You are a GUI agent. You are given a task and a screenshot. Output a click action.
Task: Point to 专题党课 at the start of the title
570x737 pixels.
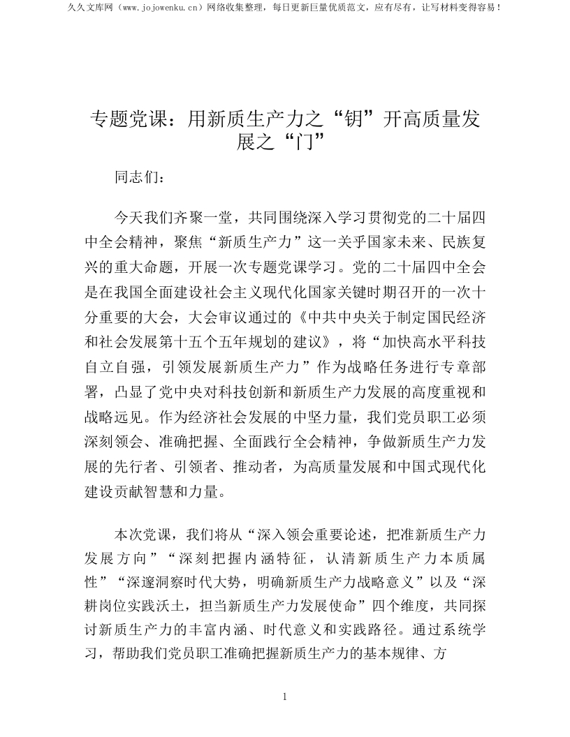(129, 120)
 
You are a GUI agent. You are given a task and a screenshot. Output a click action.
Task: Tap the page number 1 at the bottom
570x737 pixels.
(285, 697)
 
